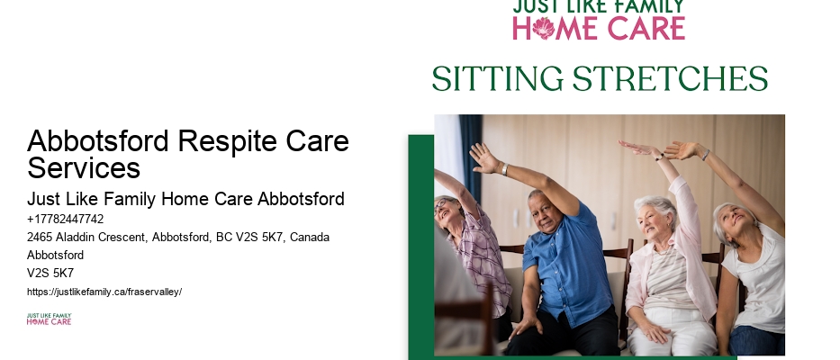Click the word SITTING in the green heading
498,79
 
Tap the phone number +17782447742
66,219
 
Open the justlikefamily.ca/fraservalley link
104,292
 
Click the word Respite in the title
227,142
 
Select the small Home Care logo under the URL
49,319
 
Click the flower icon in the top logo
543,28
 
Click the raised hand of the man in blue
483,157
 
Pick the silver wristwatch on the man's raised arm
505,169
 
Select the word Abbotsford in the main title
98,141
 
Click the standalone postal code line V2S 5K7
50,274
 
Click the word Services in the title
84,167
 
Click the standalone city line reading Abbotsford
55,255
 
